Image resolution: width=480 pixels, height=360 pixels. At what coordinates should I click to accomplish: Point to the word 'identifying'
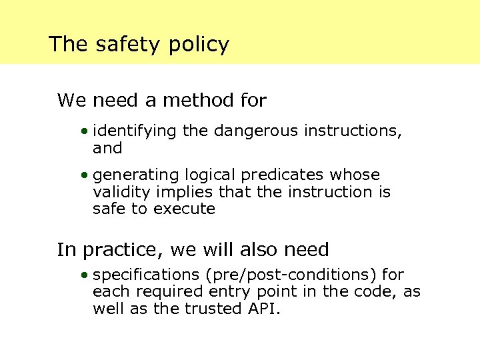[x=135, y=131]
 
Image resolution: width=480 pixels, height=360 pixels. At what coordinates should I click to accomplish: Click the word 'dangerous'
[x=256, y=131]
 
